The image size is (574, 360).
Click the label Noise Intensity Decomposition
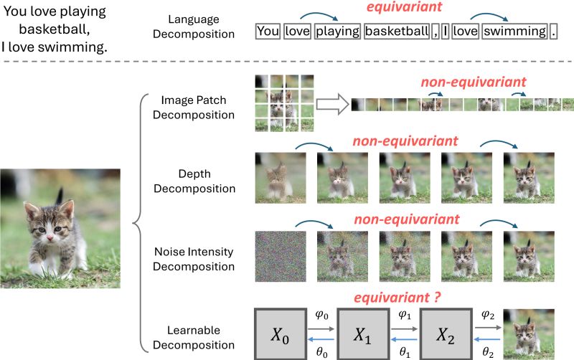point(198,259)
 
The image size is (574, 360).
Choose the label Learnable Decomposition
point(198,337)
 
